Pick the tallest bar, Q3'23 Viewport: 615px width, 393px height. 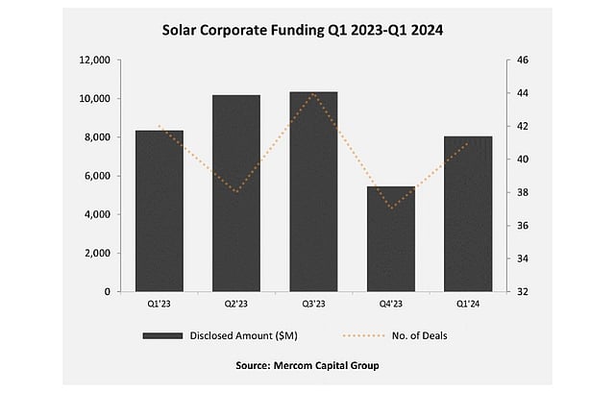(x=313, y=191)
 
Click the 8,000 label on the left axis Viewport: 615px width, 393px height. (x=96, y=137)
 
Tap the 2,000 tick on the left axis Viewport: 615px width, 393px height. (x=96, y=253)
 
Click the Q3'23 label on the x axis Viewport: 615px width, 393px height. (x=313, y=304)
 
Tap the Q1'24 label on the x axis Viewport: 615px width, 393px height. (x=467, y=304)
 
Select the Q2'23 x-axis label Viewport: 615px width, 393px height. (x=236, y=304)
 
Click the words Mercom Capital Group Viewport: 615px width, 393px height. (x=332, y=366)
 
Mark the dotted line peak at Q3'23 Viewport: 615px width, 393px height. (x=313, y=93)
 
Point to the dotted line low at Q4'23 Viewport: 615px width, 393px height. (x=390, y=209)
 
